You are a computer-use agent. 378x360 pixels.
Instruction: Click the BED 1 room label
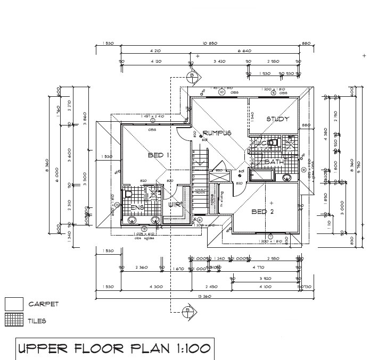(x=158, y=155)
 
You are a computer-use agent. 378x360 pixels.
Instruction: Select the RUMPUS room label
(x=216, y=133)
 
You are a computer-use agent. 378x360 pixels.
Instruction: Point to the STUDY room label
(x=277, y=119)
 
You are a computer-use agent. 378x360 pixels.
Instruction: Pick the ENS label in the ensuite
(x=138, y=207)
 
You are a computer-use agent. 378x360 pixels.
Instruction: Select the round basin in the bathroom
(x=287, y=177)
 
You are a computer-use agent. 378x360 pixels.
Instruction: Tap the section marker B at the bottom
(x=187, y=311)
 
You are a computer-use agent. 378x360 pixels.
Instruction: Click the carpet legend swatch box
(x=14, y=304)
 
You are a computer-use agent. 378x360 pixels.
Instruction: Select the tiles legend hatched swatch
(x=14, y=320)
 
